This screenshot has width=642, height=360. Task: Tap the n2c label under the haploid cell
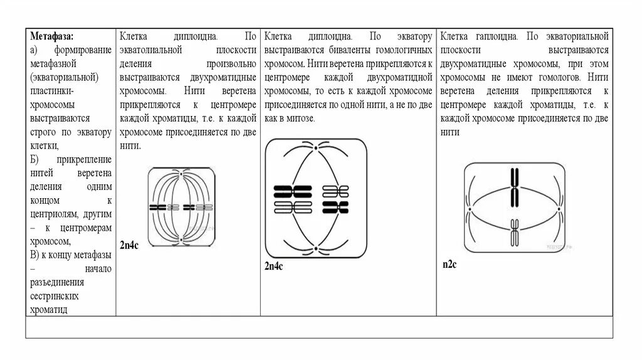(x=450, y=265)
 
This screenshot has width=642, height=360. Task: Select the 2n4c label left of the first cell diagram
(x=129, y=245)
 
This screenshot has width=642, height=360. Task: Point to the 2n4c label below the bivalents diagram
(x=274, y=267)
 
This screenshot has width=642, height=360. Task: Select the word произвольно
(x=231, y=64)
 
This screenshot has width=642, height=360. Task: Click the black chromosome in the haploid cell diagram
(x=514, y=187)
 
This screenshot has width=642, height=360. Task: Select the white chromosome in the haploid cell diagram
(x=514, y=231)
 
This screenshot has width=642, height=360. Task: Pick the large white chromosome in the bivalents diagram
(x=293, y=206)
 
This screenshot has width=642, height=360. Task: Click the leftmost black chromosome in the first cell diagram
(x=155, y=207)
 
